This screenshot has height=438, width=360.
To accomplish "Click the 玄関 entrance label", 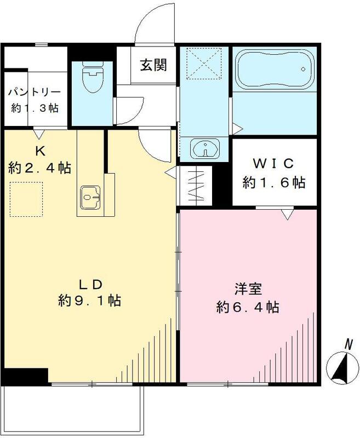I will pyautogui.click(x=153, y=65).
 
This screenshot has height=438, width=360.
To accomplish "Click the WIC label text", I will pyautogui.click(x=274, y=163).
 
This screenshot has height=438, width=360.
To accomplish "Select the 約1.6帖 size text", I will pyautogui.click(x=274, y=182).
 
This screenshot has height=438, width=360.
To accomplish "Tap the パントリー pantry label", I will pyautogui.click(x=34, y=92).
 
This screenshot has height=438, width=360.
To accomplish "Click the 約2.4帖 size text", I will pyautogui.click(x=39, y=168).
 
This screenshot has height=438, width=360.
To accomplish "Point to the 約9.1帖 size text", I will pyautogui.click(x=90, y=301).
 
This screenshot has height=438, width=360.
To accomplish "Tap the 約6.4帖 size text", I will pyautogui.click(x=248, y=307).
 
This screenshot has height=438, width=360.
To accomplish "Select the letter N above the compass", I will pyautogui.click(x=347, y=344).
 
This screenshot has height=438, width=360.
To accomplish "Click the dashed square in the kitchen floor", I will pyautogui.click(x=27, y=198).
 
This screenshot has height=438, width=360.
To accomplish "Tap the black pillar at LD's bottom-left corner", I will pyautogui.click(x=25, y=376).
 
